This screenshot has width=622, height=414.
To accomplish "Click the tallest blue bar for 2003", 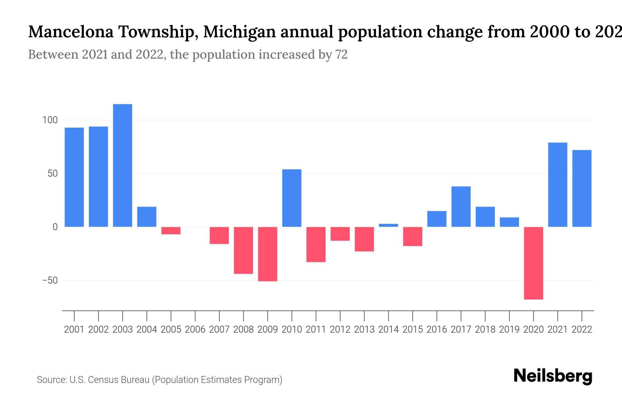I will coord(123,166).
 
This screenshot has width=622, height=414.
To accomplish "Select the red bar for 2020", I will coord(534,263).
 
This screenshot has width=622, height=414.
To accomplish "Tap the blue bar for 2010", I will coord(292,198).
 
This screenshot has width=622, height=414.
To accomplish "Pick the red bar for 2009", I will coord(268,254).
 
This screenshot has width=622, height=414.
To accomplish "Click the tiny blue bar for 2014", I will coord(388,225).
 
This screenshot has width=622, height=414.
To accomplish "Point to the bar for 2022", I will coord(582,188).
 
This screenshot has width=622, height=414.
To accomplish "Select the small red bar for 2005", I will coord(171,230).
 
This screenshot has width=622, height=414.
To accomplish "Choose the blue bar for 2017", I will coord(461,207).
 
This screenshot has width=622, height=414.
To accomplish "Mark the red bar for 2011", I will coord(316,244).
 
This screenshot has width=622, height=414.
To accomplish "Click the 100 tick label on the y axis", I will coord(50,120).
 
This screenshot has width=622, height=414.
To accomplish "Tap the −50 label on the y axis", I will coord(50,280).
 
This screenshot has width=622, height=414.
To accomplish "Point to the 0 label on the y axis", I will coord(55,227).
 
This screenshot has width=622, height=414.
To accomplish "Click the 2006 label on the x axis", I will coord(195,329).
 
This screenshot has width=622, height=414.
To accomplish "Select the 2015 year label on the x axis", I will coord(413,329).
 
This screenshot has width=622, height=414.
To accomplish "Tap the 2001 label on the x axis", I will coord(74,329).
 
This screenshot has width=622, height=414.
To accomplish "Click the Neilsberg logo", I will coord(553,376).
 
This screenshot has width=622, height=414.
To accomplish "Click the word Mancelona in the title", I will coord(70,32).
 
